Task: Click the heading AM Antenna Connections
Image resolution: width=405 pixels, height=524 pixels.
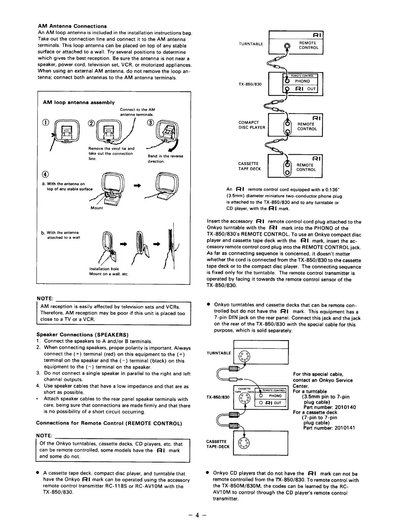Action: tap(72, 26)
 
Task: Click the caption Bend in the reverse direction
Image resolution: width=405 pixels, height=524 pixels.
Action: tap(165, 158)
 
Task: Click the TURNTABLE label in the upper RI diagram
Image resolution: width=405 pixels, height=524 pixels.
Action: tap(251, 44)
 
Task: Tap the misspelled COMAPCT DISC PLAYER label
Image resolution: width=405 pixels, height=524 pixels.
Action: tap(252, 125)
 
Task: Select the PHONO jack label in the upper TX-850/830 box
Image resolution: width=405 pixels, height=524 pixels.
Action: tap(302, 81)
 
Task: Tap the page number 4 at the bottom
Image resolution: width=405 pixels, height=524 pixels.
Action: tap(197, 515)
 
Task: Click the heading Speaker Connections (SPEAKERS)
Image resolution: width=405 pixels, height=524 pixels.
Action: tap(82, 334)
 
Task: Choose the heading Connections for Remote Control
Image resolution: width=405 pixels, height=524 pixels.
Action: tap(109, 423)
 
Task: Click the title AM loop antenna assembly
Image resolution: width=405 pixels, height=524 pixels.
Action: tap(79, 103)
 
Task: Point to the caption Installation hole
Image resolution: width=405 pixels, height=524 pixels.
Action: tap(104, 269)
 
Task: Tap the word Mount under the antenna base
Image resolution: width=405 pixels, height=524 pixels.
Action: tap(97, 208)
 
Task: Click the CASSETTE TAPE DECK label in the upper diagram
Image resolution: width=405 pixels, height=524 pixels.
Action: tap(249, 166)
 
